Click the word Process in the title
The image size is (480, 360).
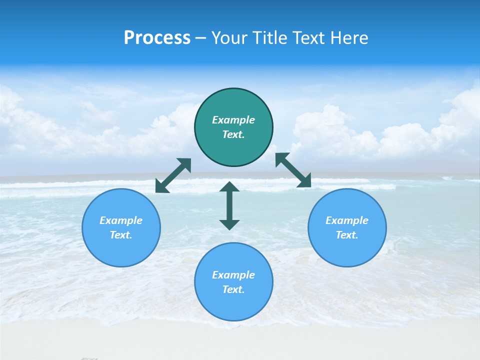click(x=157, y=38)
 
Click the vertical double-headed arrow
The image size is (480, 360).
click(x=229, y=205)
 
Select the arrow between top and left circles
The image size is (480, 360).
click(x=173, y=175)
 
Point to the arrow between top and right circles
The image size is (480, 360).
click(x=293, y=170)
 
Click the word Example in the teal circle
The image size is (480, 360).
click(x=233, y=120)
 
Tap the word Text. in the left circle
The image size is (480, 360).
click(x=121, y=235)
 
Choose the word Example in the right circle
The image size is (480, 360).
click(x=347, y=220)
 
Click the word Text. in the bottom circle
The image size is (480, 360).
click(x=233, y=289)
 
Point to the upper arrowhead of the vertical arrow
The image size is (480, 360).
click(x=229, y=187)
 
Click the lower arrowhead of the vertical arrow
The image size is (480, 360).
click(x=229, y=224)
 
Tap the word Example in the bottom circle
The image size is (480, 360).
click(x=233, y=275)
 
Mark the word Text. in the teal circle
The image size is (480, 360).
click(x=233, y=134)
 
